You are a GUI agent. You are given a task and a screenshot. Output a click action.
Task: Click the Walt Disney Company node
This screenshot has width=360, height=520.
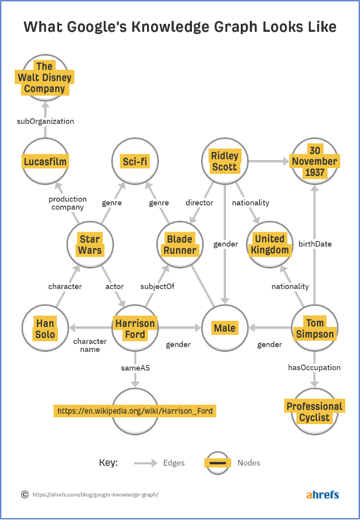(x=45, y=78)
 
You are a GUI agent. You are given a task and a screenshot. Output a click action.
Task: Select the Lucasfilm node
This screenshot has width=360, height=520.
(x=45, y=162)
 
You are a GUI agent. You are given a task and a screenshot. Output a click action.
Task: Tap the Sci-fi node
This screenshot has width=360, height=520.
(x=135, y=162)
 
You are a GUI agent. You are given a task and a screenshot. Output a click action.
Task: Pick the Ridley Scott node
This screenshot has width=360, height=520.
(x=225, y=161)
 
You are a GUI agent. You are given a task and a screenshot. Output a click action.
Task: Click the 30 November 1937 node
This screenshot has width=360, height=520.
(x=315, y=161)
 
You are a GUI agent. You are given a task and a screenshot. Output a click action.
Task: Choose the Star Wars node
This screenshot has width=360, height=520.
(x=90, y=244)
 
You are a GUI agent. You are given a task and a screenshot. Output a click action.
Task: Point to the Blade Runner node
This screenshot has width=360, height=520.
(x=180, y=244)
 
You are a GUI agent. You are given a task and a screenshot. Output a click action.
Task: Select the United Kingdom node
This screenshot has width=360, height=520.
(x=270, y=244)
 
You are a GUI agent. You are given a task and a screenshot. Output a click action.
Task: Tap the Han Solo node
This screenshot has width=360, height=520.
(x=45, y=328)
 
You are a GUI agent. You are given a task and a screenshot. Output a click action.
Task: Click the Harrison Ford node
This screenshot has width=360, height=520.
(x=135, y=328)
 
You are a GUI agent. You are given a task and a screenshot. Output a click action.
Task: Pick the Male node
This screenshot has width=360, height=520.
(x=225, y=328)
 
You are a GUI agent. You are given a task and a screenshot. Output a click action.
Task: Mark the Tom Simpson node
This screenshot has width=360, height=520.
(x=315, y=328)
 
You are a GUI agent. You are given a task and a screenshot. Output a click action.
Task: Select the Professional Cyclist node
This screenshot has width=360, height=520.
(x=315, y=412)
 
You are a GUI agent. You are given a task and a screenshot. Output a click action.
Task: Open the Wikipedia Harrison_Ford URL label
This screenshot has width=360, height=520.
(x=135, y=410)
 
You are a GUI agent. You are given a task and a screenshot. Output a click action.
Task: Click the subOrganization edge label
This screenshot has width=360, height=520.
(x=45, y=121)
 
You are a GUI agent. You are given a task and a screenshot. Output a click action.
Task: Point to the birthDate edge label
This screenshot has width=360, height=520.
(x=315, y=244)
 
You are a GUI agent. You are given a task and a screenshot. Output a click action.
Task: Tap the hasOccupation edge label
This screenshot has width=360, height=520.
(x=315, y=367)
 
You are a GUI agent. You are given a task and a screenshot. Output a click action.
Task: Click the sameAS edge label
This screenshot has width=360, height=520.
(x=135, y=368)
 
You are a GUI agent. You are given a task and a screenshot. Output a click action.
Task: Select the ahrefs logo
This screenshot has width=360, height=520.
(x=323, y=494)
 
